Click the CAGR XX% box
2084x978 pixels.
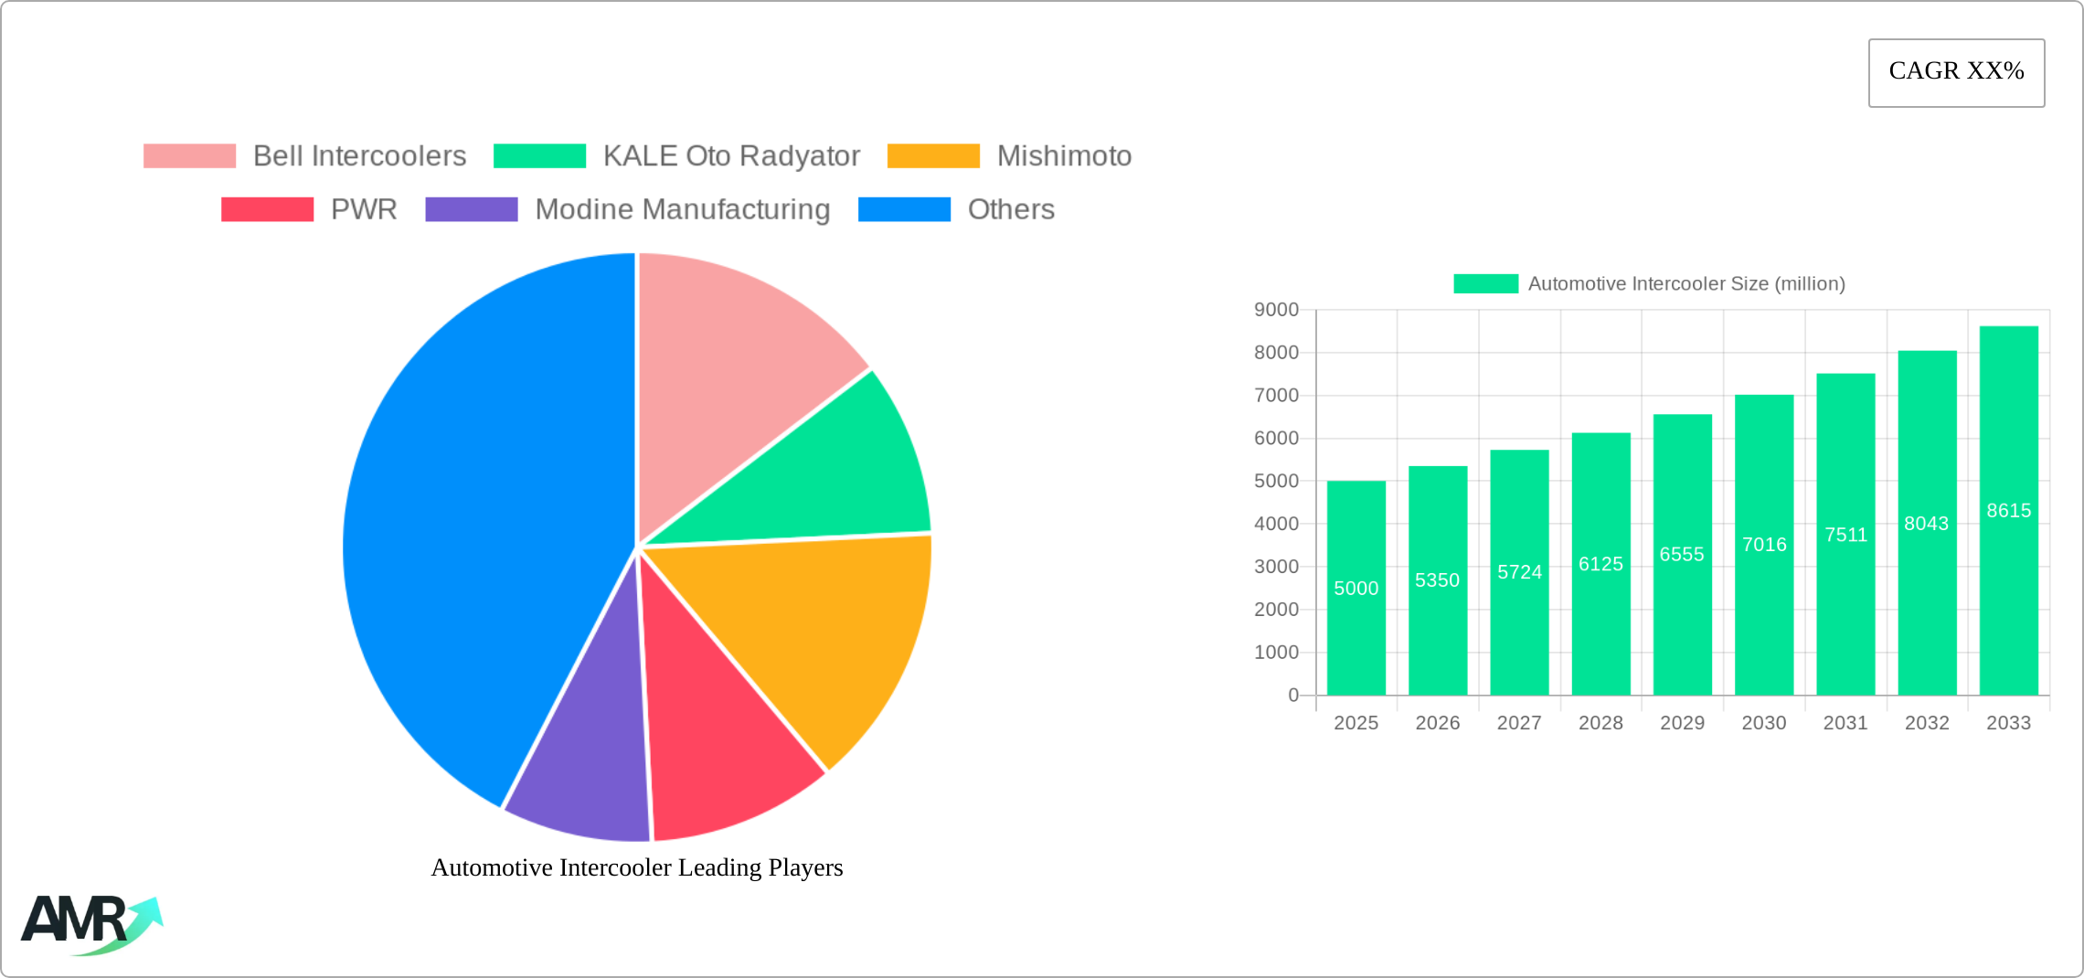click(1956, 72)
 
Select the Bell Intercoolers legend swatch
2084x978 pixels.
click(189, 156)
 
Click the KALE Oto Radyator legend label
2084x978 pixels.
click(731, 156)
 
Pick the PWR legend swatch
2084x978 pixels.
click(267, 209)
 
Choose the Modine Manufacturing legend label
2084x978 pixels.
click(682, 209)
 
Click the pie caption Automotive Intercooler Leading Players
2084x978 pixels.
click(637, 867)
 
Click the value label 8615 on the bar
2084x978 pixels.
click(2008, 511)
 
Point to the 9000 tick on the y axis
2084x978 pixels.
click(1276, 310)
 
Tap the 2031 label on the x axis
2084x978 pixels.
click(1845, 723)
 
